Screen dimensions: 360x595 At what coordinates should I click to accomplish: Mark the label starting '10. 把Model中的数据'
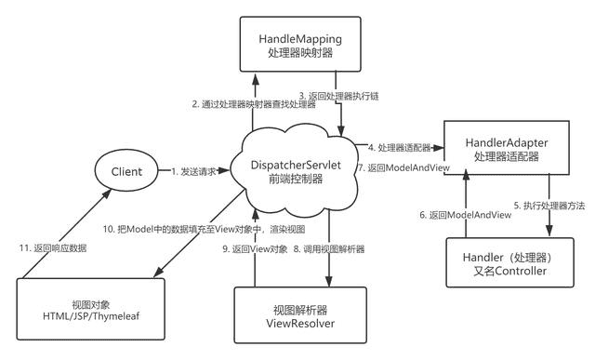(230, 228)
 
